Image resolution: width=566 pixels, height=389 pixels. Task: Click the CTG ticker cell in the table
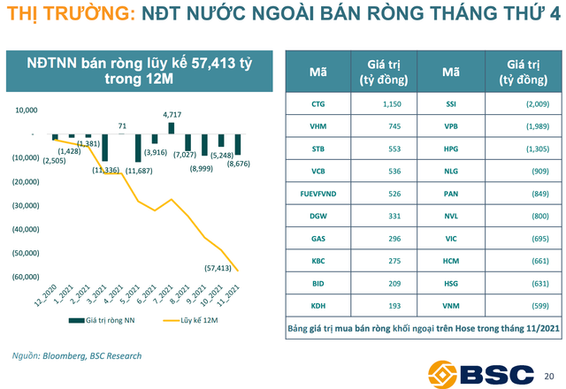click(318, 103)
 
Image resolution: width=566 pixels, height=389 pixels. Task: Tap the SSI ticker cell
click(450, 103)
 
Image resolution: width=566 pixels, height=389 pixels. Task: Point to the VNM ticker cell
click(450, 305)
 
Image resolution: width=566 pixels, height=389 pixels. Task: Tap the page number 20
click(550, 374)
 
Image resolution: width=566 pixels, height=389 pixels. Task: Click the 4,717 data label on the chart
click(172, 115)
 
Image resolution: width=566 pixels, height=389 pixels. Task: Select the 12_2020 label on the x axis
click(44, 291)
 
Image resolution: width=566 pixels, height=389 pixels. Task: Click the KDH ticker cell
click(318, 305)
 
